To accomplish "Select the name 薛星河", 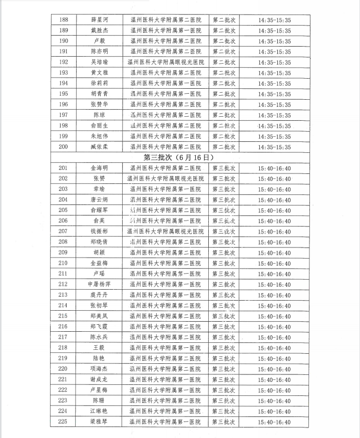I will point(99,20).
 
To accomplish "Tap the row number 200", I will point(63,147).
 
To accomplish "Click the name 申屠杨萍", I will point(99,284).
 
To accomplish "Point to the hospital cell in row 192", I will point(166,62).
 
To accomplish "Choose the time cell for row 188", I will point(274,20).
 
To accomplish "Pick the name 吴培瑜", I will point(99,62).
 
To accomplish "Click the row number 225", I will point(63,422).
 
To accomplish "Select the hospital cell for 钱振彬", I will point(166,232).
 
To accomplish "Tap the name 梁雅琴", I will point(99,422).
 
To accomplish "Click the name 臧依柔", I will point(99,147).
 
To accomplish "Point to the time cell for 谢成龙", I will point(274,379).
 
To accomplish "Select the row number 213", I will point(63,295).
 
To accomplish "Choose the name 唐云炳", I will point(99,199).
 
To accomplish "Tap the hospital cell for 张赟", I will point(166,178).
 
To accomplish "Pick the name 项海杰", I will point(99,369).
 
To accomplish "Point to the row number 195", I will point(63,94).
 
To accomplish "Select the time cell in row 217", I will point(274,337).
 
